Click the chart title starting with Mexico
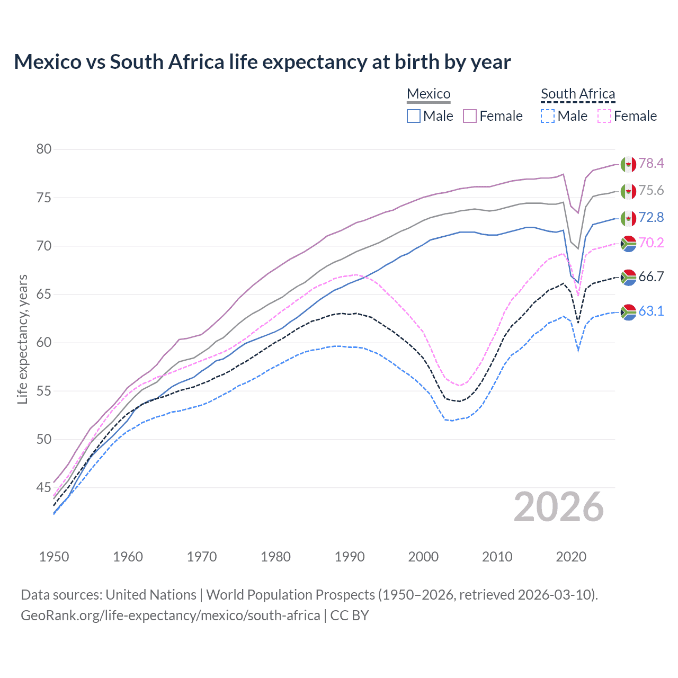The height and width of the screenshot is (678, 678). point(262,62)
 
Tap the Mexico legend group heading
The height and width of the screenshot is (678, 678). point(429,94)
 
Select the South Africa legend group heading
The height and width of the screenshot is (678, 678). point(578,94)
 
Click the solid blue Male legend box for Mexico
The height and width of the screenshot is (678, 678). point(414,116)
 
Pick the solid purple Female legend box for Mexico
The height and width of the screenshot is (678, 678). point(470,116)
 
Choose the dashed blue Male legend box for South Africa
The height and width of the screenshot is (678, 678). point(548,116)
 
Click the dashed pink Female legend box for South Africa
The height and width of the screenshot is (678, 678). point(604,116)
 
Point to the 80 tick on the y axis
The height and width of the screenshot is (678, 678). point(44,149)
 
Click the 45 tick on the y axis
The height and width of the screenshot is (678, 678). point(44,487)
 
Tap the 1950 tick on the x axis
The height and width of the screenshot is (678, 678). point(54,557)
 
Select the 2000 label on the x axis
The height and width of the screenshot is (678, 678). point(423,557)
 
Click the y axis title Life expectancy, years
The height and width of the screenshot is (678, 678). point(23,339)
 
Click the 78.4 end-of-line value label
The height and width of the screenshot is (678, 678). point(651,163)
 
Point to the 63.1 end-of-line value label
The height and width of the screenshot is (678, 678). point(651,311)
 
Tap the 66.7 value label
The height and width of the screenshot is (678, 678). point(651,276)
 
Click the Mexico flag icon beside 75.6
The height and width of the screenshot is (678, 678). point(628,191)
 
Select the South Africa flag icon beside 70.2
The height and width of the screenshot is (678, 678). point(628,243)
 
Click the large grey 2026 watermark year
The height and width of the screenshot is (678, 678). point(559,507)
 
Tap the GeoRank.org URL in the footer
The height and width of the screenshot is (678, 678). point(170,615)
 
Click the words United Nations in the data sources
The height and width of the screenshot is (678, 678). point(151,595)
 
